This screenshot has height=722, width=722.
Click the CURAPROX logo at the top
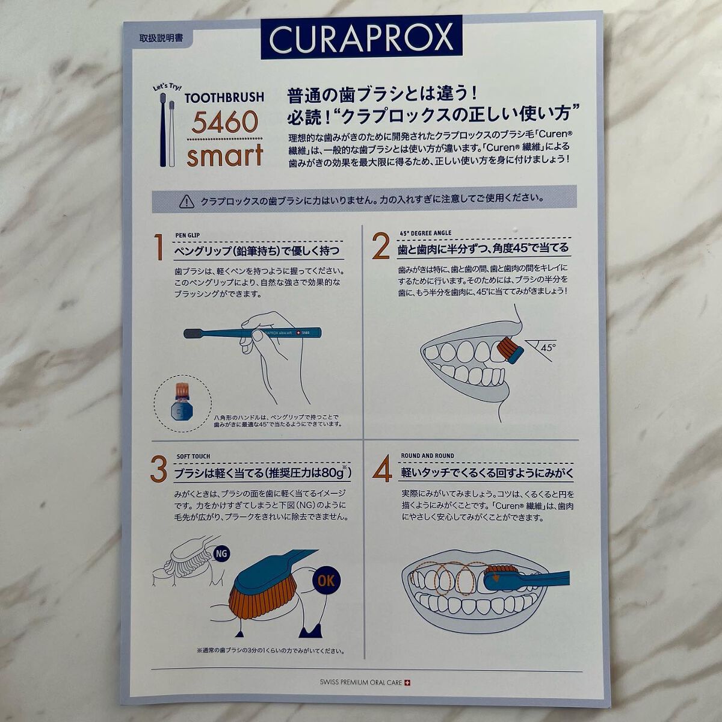click(361, 37)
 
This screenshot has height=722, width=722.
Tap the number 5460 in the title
click(225, 123)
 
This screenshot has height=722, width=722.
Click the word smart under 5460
click(224, 155)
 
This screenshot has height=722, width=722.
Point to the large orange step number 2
click(381, 247)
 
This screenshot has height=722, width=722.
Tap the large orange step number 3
click(158, 470)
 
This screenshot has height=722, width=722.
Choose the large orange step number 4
click(382, 470)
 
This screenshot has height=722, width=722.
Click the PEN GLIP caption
click(187, 235)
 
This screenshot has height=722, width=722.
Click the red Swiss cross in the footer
click(410, 682)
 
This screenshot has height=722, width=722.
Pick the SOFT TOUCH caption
click(193, 457)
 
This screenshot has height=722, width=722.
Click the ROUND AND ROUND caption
click(428, 456)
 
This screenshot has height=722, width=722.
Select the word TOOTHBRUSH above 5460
click(224, 97)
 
